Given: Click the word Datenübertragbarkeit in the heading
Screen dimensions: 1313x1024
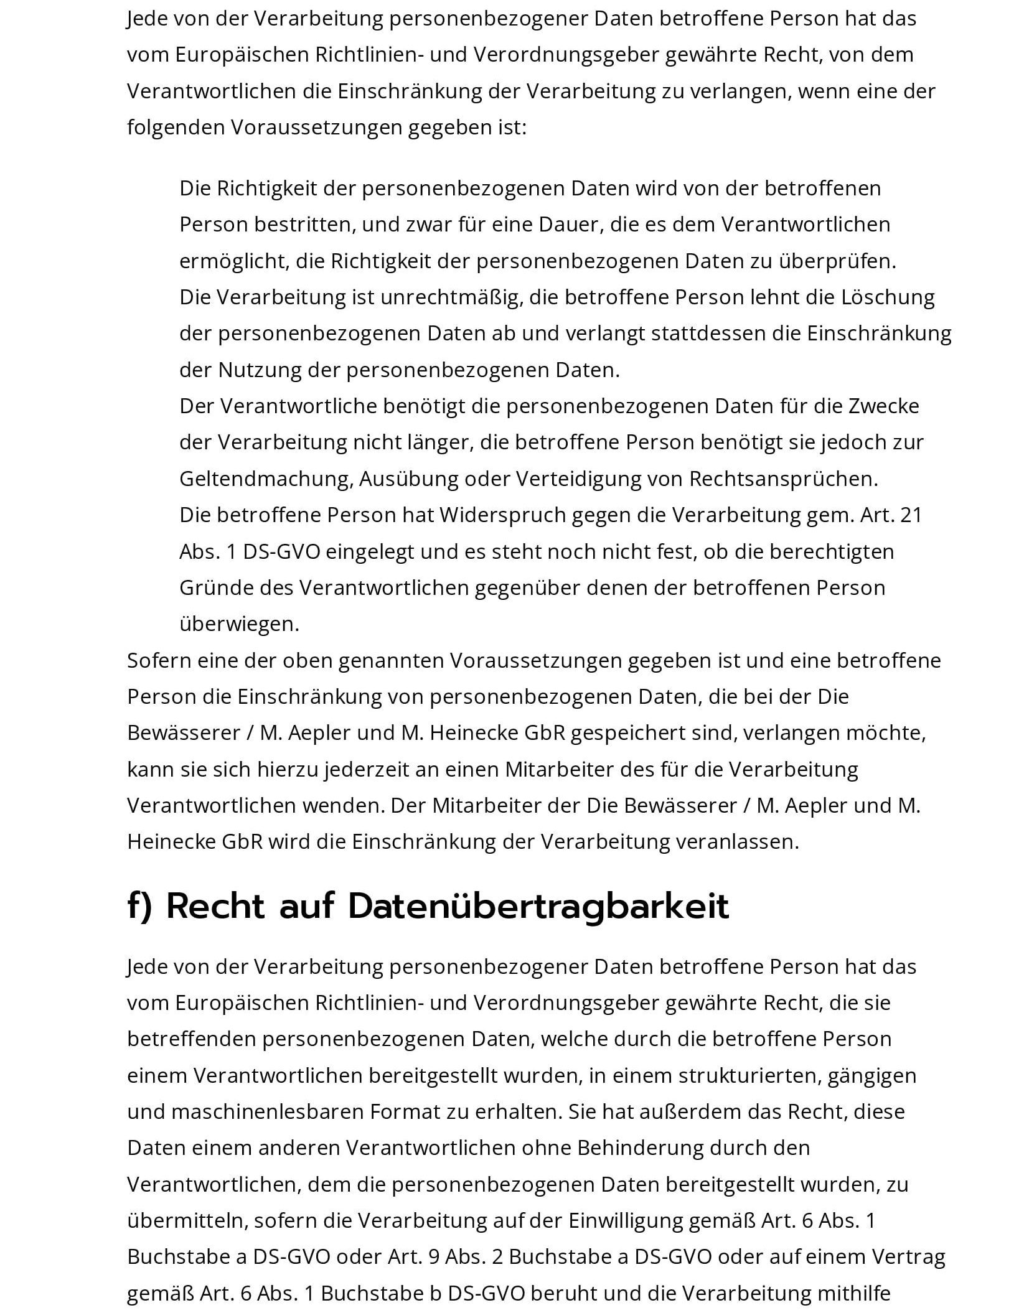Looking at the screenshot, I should coord(538,907).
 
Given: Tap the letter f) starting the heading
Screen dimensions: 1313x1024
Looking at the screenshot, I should coord(139,907).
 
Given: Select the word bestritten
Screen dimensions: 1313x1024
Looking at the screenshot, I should coord(304,225).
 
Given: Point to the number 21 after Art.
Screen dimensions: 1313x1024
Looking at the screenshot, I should coord(911,515).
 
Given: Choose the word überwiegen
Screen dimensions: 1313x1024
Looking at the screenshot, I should coord(239,624).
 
